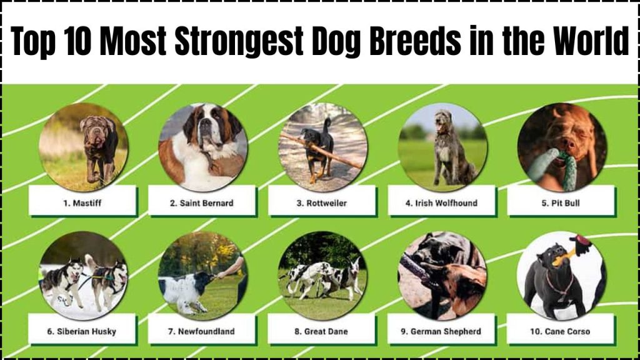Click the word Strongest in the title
click(x=239, y=41)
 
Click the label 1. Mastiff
click(x=82, y=203)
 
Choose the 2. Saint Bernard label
click(x=202, y=203)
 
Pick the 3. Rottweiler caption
click(x=322, y=203)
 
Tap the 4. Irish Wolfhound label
click(x=441, y=203)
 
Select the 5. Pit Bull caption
click(x=561, y=203)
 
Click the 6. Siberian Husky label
click(x=82, y=331)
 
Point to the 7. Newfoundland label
click(x=201, y=331)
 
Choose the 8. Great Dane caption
click(x=321, y=331)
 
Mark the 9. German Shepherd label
click(x=441, y=331)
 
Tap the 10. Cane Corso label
click(x=560, y=331)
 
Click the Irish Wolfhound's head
click(x=442, y=122)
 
